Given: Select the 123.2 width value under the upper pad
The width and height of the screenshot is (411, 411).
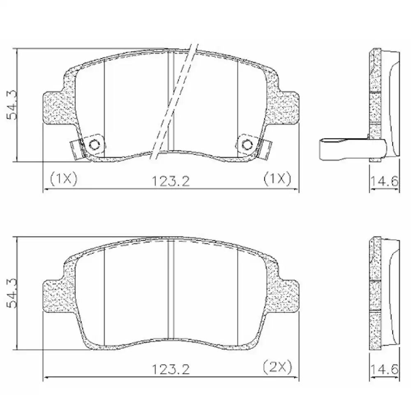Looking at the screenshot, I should coord(171,180).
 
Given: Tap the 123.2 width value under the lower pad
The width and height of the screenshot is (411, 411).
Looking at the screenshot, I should coord(171,369).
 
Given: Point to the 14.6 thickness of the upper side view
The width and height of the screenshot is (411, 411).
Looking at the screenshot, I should coord(384,180).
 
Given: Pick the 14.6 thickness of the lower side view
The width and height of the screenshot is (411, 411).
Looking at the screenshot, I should coord(384,369).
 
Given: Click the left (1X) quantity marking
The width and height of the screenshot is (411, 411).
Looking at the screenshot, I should coord(63,179).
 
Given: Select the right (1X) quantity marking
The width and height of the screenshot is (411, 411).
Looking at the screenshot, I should coord(277,179).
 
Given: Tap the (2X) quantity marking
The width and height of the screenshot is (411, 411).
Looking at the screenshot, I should coord(277,366).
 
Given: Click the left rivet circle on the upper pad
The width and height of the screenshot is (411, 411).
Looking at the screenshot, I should coord(94,144).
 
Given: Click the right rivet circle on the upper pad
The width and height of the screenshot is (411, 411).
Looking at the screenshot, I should coord(247,144).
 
